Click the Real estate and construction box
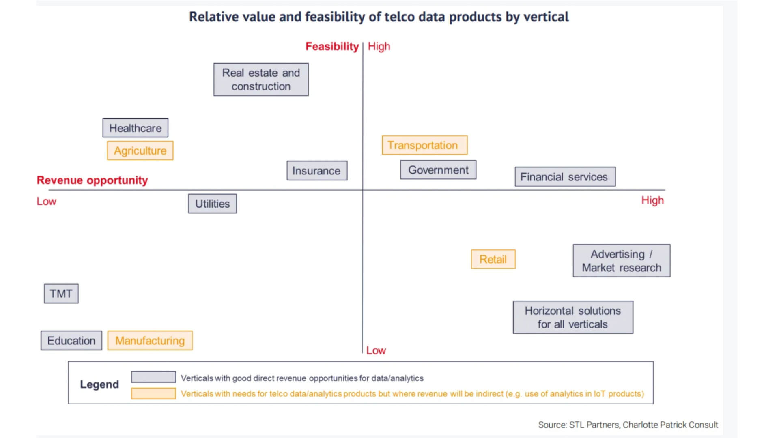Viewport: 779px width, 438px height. coord(261,79)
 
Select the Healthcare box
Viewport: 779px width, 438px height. coord(135,128)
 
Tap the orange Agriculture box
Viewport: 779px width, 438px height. coord(140,150)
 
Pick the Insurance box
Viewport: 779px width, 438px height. coord(316,171)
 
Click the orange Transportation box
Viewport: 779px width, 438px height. coord(424,145)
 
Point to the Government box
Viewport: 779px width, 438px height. coord(438,170)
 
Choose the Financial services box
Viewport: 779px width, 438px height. coord(565,177)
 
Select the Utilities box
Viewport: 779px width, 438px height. coord(212,204)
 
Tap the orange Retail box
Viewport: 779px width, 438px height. coord(493,259)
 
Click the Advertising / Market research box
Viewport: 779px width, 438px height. coord(621,261)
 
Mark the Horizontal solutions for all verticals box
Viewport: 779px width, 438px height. coord(572,317)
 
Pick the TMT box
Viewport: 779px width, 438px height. coord(61,294)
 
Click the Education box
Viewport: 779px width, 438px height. coord(71,341)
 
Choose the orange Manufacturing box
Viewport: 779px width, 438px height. coord(150,341)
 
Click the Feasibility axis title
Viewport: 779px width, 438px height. coord(332,47)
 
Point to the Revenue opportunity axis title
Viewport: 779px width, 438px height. coord(92,180)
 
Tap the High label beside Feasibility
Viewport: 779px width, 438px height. coord(379,47)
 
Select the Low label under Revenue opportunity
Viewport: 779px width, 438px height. coord(46,202)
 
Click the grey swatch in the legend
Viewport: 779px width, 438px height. coord(153,377)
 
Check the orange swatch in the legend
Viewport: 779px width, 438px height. coord(153,393)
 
